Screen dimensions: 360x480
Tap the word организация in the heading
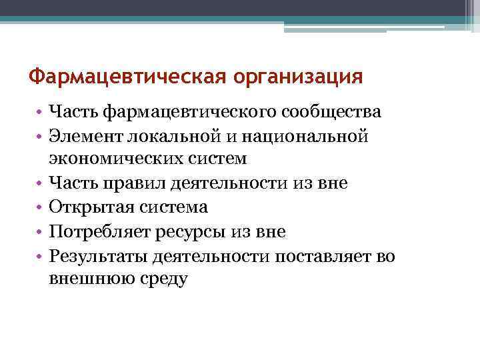click(299, 77)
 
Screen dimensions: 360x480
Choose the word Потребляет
click(99, 231)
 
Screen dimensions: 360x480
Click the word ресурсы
click(191, 231)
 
